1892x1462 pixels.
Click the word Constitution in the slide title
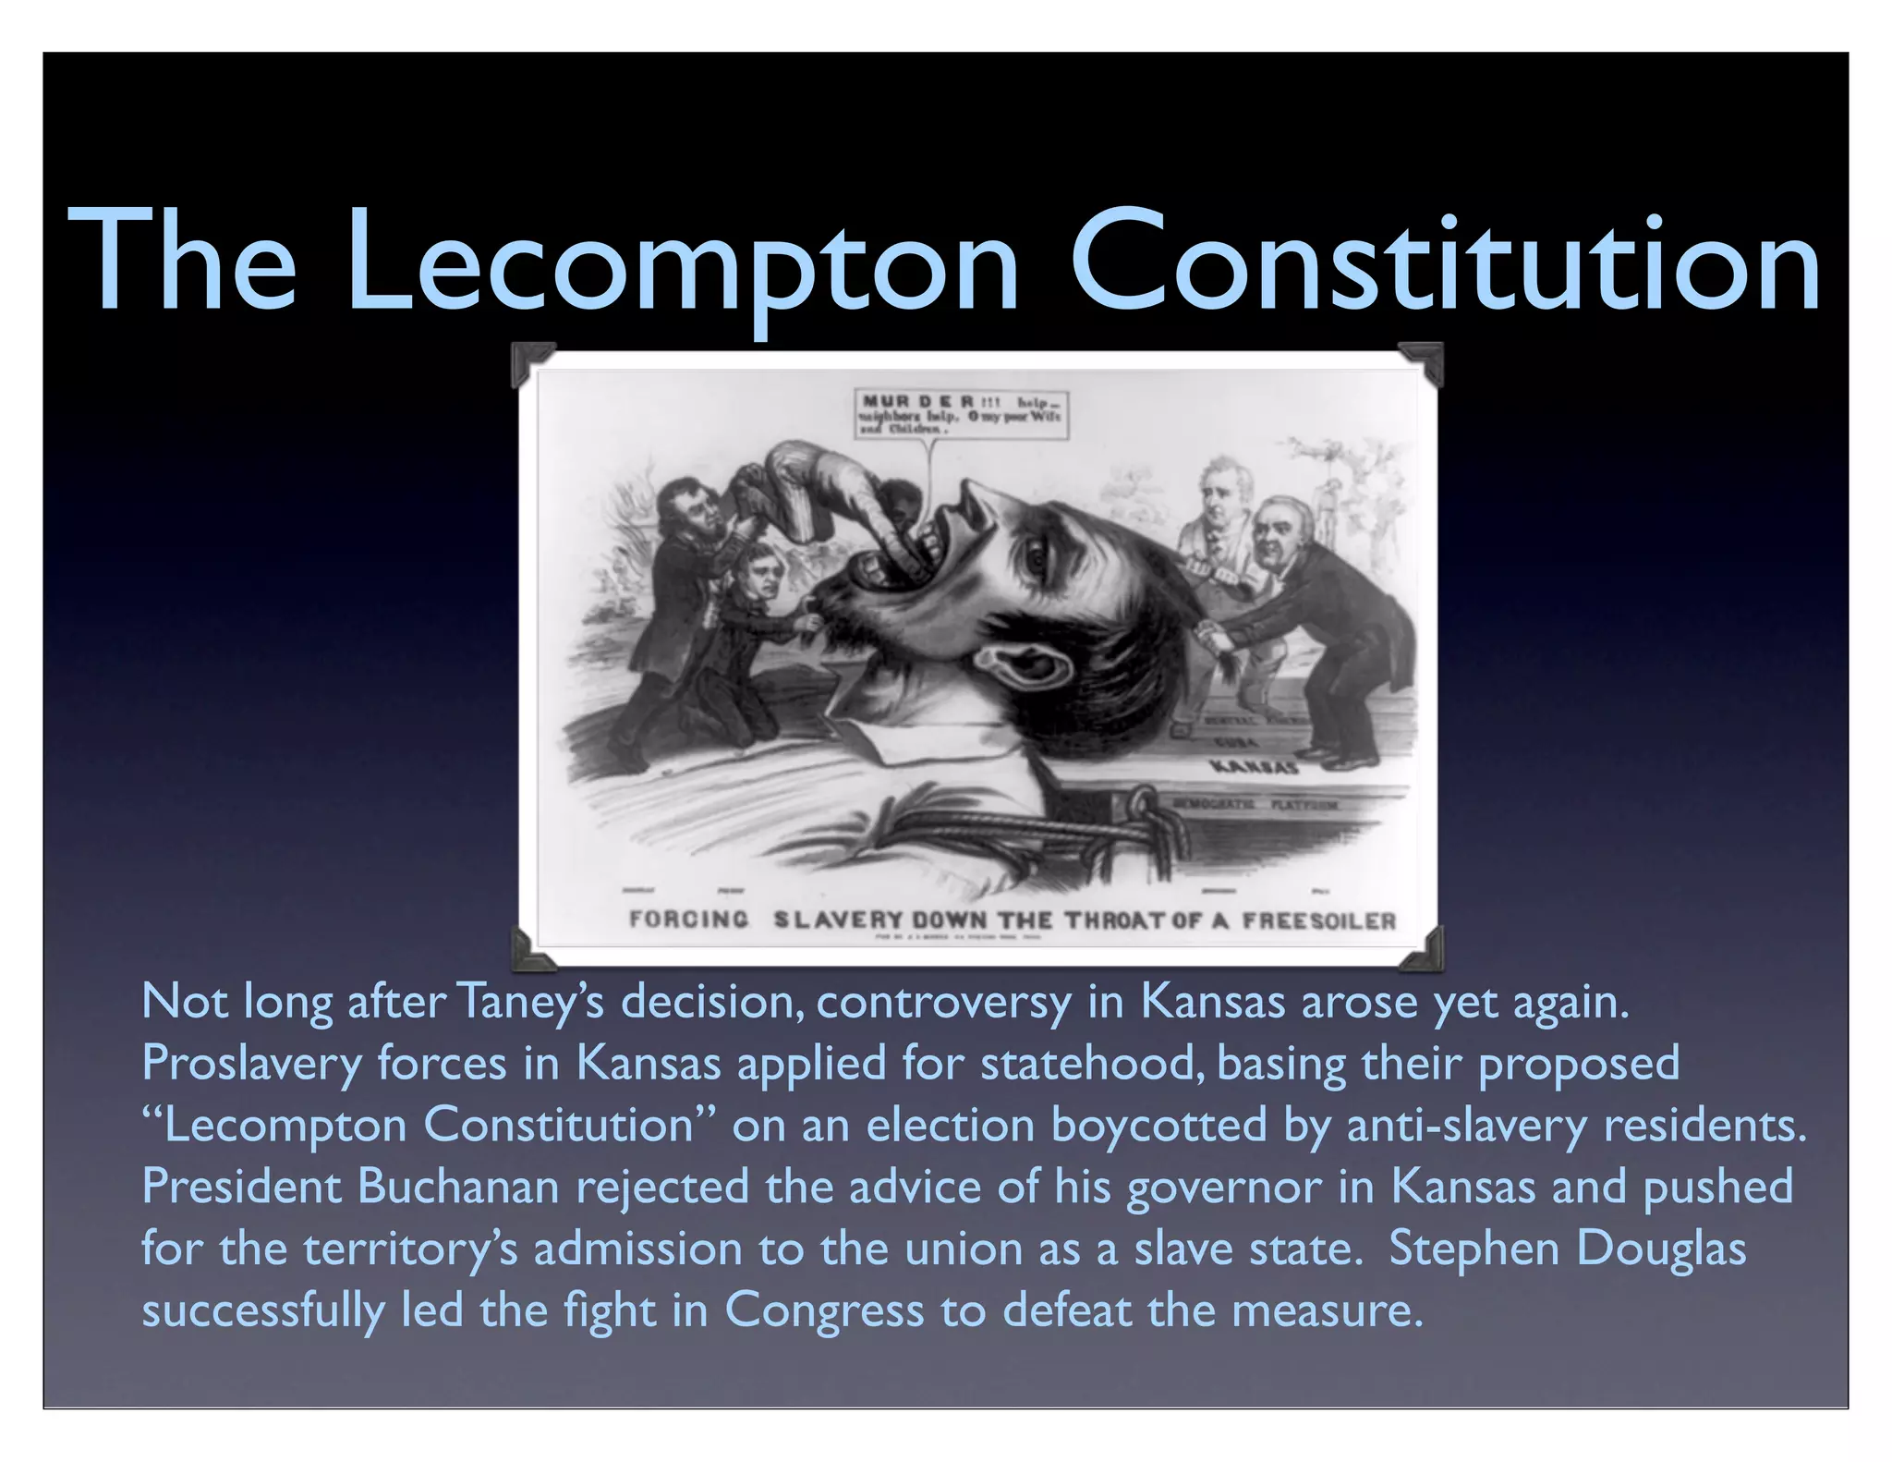(x=1445, y=263)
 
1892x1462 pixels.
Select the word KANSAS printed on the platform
(x=1254, y=767)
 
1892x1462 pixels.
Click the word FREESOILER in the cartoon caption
(x=1318, y=920)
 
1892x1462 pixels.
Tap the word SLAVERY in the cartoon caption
(x=837, y=920)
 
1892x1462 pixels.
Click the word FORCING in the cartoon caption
(x=688, y=920)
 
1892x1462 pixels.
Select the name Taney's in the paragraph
(x=530, y=1002)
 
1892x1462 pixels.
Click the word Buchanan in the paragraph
(x=458, y=1187)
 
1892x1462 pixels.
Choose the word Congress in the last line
(x=824, y=1310)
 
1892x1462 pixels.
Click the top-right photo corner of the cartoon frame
(x=1423, y=361)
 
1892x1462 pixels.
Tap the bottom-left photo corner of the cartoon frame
(x=532, y=949)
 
